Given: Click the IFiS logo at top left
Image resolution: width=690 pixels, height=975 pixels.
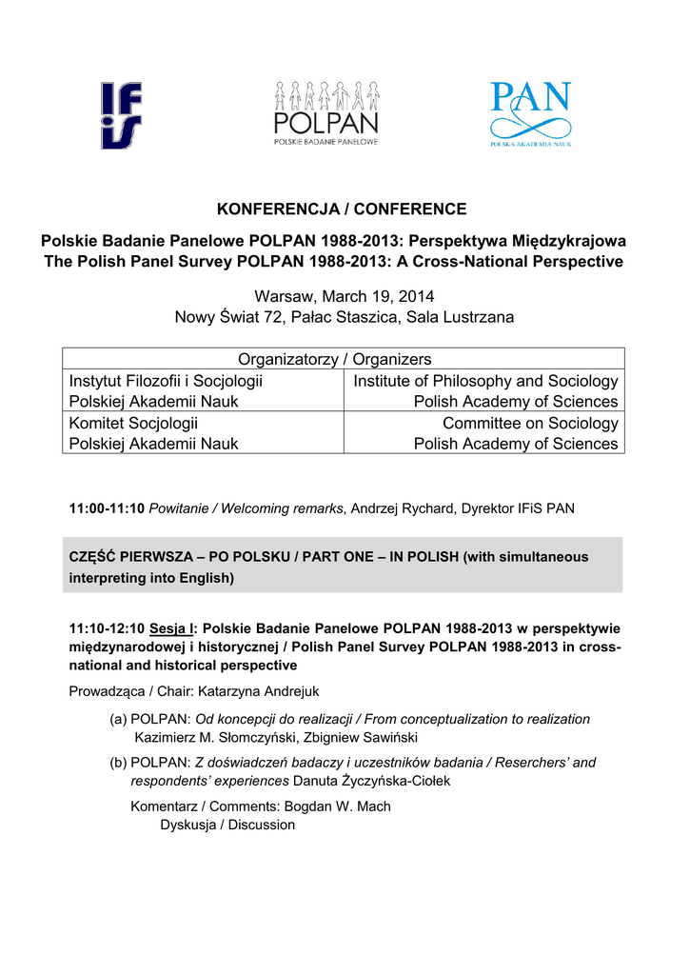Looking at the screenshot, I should [122, 115].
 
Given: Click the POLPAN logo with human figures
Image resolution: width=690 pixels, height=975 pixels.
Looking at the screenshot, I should [326, 112].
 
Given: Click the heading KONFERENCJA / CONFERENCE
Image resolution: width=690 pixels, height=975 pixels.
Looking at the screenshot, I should [343, 209].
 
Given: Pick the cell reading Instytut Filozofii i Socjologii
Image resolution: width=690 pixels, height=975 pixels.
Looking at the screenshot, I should [167, 381].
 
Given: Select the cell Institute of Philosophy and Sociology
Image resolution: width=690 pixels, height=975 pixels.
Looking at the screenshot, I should [485, 381].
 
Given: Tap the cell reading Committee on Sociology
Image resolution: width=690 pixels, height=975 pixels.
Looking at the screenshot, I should [530, 423].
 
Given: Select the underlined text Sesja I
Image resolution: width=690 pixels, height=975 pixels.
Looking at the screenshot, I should [172, 628].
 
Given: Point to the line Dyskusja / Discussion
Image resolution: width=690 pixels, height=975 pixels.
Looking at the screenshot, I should [227, 825].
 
